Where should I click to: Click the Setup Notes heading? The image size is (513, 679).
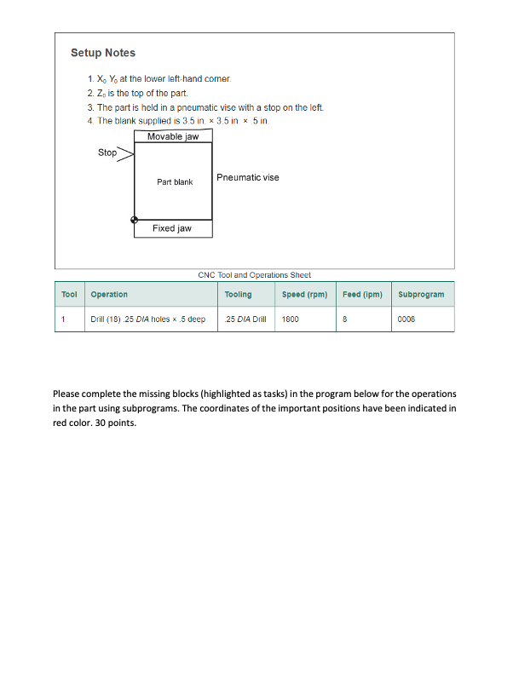(x=102, y=53)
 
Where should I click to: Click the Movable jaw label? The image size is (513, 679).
(x=173, y=136)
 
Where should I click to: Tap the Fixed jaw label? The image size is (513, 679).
(x=172, y=228)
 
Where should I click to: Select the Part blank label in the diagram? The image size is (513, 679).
(x=175, y=182)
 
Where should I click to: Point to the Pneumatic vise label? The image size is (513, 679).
(x=247, y=177)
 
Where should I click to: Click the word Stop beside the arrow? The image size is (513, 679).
(x=107, y=152)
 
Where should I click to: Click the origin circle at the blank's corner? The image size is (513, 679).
(x=134, y=220)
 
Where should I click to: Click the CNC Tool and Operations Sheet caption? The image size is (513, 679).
(x=254, y=275)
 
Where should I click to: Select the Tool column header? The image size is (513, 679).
(x=70, y=294)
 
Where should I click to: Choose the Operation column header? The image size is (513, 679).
(x=109, y=294)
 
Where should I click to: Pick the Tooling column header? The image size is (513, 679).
(x=238, y=294)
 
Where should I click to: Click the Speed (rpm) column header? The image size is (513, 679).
(x=304, y=294)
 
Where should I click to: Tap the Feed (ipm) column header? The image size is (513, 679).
(x=362, y=294)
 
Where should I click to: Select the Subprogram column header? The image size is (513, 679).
(x=421, y=294)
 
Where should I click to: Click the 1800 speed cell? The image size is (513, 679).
(x=290, y=319)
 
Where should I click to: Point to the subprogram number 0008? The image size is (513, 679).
(x=406, y=319)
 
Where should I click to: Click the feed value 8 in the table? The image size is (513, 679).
(x=344, y=319)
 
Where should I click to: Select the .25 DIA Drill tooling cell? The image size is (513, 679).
(x=245, y=319)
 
